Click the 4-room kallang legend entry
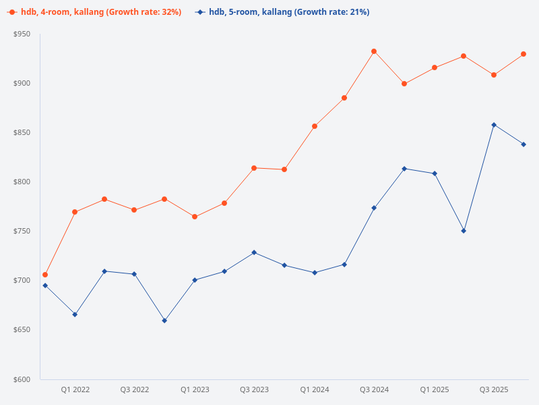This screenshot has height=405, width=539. [x=94, y=12]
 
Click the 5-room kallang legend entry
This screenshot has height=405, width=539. [x=282, y=12]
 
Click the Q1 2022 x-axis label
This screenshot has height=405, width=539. [x=75, y=390]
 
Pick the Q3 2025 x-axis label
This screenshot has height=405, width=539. [x=494, y=390]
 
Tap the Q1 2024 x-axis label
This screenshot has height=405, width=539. [x=315, y=390]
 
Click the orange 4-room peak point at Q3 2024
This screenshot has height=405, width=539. [x=374, y=51]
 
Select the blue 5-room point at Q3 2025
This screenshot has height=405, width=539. [x=494, y=125]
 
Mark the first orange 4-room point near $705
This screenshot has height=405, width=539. [x=45, y=275]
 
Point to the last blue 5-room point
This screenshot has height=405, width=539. [x=524, y=144]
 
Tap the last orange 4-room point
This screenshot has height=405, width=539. [x=524, y=54]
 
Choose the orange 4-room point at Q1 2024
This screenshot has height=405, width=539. [x=315, y=126]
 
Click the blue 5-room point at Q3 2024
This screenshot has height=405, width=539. [x=374, y=208]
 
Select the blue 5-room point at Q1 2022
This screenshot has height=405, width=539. [x=75, y=315]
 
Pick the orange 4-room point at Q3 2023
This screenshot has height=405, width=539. [x=254, y=168]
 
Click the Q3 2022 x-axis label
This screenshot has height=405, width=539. [x=135, y=390]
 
